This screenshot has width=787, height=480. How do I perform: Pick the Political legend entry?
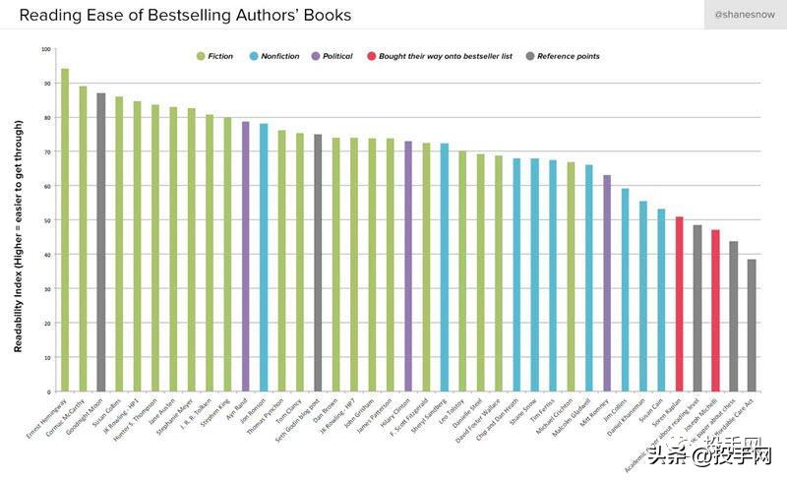[337, 56]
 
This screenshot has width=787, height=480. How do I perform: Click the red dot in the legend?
[370, 56]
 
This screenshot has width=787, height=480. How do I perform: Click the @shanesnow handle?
[744, 15]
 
